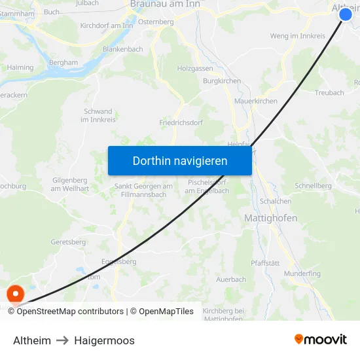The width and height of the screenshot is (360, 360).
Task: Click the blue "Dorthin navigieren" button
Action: pos(180,160)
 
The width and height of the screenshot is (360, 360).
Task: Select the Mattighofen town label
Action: pos(270,218)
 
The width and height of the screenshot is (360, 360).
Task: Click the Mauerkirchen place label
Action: pos(256,101)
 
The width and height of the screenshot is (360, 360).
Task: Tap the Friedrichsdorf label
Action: pos(181,122)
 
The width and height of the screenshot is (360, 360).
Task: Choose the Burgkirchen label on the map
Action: pos(222,81)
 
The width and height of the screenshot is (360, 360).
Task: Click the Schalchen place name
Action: pos(276,202)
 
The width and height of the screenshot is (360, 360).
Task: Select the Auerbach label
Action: pos(231,279)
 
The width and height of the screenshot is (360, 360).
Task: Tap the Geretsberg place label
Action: pos(68,242)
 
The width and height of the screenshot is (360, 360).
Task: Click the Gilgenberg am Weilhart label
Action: pos(69,185)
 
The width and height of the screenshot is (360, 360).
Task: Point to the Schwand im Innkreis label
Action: pos(98,116)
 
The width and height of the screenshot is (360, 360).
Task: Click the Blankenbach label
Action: pos(122,49)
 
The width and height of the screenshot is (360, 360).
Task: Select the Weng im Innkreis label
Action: pos(297,36)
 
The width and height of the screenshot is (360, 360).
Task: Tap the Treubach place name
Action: pos(329,93)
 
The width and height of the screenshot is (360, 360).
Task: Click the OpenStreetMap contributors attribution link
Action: pos(70,312)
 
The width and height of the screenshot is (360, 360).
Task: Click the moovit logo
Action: pos(321,340)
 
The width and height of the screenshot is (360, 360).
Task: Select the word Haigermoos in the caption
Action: pos(104,340)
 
